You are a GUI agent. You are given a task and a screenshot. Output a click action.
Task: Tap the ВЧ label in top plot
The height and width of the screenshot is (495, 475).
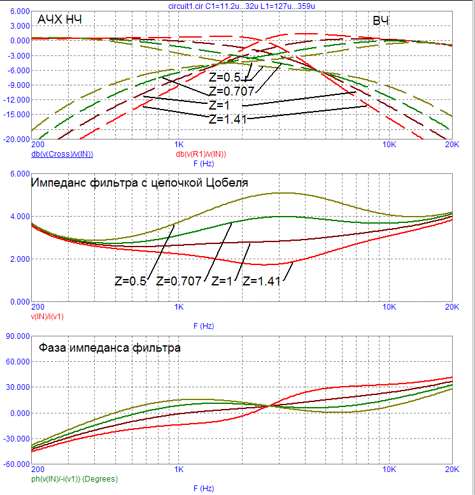click(381, 22)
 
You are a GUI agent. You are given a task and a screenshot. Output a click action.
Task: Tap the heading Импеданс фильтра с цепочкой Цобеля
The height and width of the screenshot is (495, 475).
click(139, 183)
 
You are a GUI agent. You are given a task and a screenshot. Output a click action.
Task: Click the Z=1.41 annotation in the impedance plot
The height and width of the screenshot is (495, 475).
click(263, 280)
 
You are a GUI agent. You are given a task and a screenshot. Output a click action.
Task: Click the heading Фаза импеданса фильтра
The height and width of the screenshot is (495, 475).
click(110, 348)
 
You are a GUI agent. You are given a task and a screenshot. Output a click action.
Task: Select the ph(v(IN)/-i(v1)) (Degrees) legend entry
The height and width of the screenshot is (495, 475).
click(74, 478)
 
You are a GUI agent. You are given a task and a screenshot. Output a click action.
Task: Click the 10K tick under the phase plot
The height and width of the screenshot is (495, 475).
click(388, 470)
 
